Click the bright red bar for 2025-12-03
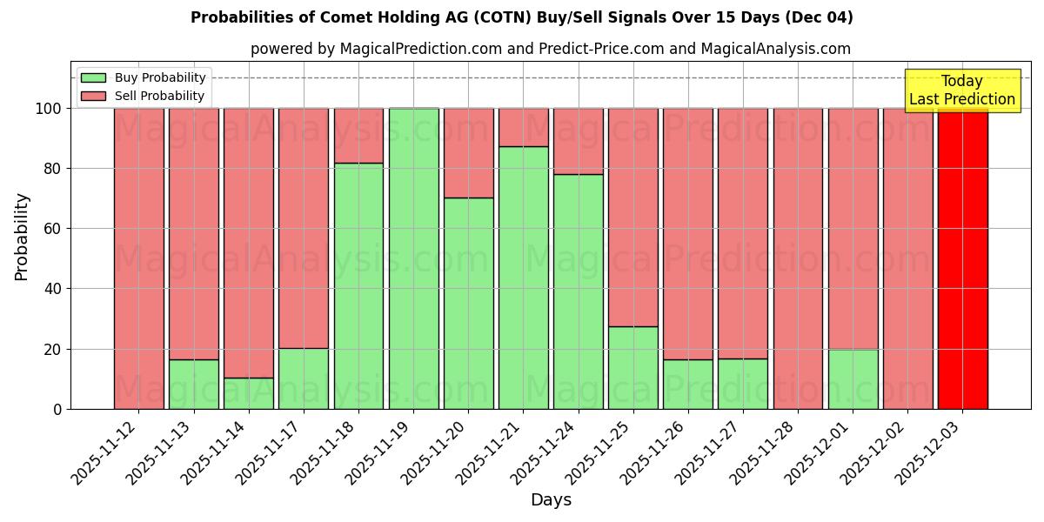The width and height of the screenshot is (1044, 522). point(962,258)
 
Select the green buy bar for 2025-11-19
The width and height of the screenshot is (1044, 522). point(413,258)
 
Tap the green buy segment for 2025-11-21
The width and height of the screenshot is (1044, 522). point(523,278)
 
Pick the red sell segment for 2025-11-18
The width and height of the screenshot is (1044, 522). point(358,136)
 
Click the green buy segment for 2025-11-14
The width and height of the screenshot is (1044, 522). point(249,393)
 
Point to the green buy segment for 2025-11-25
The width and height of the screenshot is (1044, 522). point(633,367)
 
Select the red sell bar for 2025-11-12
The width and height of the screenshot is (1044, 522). point(139,258)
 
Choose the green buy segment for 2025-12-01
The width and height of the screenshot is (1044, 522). point(853,378)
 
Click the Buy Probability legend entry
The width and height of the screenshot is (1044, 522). point(144,77)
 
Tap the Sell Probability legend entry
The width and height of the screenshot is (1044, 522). point(144,96)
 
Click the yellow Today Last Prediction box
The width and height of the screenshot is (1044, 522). point(961,90)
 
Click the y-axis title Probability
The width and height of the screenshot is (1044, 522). point(22,236)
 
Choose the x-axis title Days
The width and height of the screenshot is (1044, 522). point(551,500)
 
